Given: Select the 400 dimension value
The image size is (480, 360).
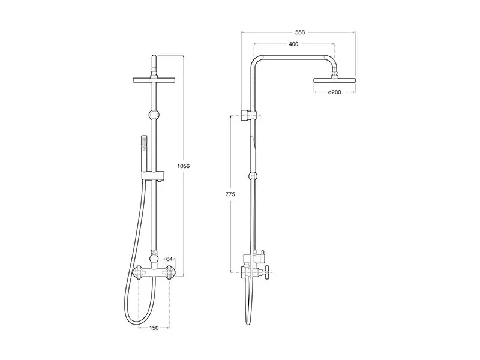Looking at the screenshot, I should point(293,44).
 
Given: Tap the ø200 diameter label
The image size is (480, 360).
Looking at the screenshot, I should point(334,92).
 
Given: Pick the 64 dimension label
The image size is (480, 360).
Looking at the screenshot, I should point(170,259).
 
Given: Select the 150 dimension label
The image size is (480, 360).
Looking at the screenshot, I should point(154,328).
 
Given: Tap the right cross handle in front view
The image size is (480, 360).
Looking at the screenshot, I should point(170,272).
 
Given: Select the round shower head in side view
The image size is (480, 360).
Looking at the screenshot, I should point(334,80).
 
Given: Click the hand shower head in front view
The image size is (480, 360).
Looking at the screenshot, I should point(143,143).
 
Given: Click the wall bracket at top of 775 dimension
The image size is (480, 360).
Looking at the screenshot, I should point(249,114).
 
